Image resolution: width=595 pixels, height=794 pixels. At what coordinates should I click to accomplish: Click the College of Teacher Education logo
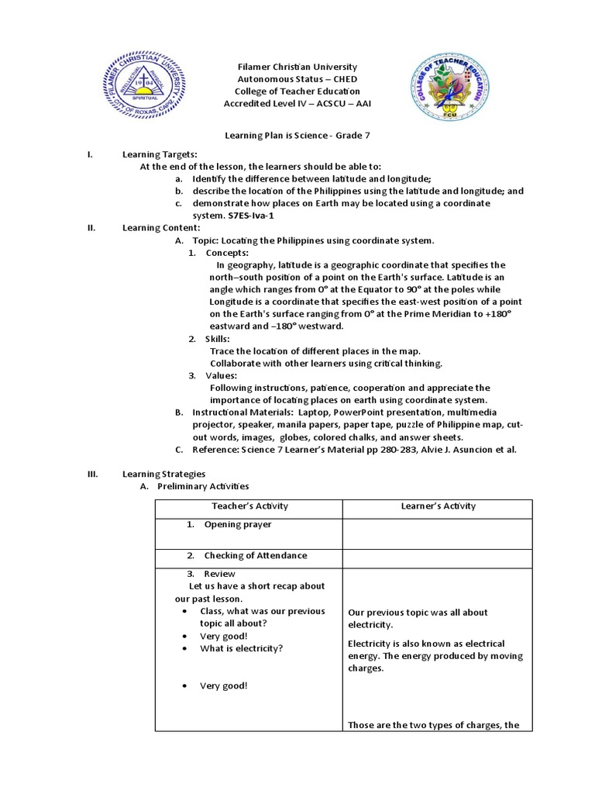[x=449, y=87]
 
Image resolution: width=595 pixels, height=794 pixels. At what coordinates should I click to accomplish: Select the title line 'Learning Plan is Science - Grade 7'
[x=297, y=136]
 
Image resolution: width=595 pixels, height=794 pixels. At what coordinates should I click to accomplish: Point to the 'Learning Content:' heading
[x=161, y=227]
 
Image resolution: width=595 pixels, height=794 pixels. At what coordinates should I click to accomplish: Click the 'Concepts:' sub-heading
[x=227, y=253]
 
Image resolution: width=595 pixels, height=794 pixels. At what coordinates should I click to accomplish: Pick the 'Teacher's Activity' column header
[x=249, y=506]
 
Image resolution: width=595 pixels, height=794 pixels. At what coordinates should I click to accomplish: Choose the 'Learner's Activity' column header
[x=438, y=506]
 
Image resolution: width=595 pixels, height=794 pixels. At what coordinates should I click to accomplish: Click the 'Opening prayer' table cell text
[x=238, y=524]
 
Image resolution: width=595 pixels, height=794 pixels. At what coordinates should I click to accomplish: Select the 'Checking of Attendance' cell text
[x=256, y=555]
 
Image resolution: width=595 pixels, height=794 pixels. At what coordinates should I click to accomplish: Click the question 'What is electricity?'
[x=241, y=648]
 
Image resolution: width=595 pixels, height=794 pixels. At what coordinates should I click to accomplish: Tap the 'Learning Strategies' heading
[x=163, y=474]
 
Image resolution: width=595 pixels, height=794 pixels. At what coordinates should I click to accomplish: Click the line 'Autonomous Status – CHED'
[x=297, y=79]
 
